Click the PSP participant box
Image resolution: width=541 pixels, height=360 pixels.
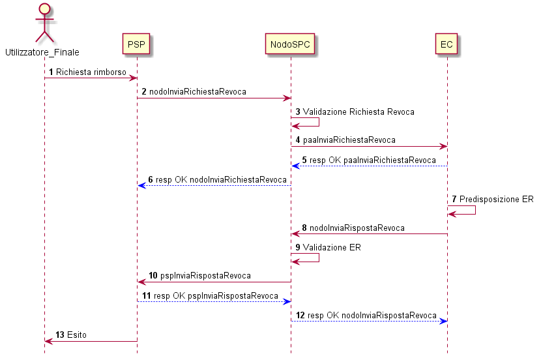coord(136,44)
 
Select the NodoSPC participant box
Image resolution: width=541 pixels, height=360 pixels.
coord(290,44)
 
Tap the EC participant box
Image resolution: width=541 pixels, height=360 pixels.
coord(446,44)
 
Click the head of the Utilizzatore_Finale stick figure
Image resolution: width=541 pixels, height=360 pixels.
coord(45,9)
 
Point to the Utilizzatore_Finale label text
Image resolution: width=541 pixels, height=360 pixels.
coord(42,52)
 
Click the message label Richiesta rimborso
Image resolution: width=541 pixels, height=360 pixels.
coord(91,72)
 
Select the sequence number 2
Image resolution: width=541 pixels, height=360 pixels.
coord(144,92)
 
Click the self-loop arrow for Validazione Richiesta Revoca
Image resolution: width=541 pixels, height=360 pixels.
coord(319,122)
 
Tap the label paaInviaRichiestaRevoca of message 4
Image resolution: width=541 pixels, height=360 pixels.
coord(349,140)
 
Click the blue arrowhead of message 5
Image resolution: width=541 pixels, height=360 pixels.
coord(296,166)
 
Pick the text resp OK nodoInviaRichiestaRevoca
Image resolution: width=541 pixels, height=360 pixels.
coord(221,180)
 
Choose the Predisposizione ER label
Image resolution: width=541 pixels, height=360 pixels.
coord(497,200)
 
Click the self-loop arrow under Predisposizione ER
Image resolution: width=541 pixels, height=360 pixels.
coord(475,210)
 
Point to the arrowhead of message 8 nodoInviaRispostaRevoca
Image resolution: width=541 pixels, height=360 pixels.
coord(296,234)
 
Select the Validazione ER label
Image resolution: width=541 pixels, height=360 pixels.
coord(332,247)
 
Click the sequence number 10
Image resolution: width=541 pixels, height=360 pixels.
coord(153,275)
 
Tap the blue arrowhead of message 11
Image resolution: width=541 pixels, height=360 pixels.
coord(287,302)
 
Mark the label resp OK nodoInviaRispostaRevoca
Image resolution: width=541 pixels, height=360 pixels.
coord(372,316)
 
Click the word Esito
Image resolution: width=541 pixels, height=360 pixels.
coord(77,335)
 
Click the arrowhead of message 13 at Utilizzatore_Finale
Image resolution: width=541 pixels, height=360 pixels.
coord(49,341)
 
